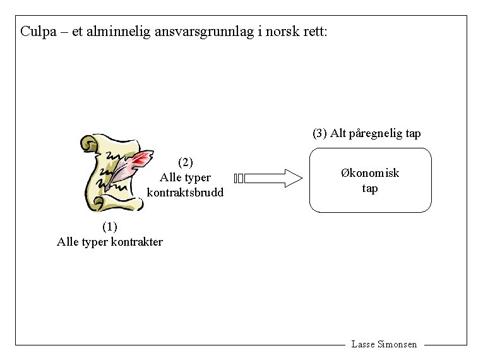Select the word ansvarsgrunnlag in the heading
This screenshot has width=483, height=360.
pos(203,31)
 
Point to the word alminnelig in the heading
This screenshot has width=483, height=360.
pos(119,31)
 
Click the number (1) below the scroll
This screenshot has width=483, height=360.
pos(109,227)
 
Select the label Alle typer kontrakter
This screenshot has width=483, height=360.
pos(109,242)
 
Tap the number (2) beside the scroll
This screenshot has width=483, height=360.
pos(185,162)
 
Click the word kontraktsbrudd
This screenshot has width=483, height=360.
pos(185,193)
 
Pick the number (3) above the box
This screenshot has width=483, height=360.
pos(319,133)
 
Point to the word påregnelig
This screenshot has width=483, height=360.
pos(367,133)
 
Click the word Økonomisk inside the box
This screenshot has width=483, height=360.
pos(370,173)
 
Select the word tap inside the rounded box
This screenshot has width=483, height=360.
pos(370,188)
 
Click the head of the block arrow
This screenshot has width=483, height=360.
pos(292,178)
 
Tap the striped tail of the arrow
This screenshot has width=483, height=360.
pos(238,178)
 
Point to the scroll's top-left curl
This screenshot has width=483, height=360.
pos(88,143)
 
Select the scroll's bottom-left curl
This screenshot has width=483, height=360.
pos(98,203)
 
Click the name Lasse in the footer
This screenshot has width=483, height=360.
pos(362,344)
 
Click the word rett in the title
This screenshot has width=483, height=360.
pos(314,31)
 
